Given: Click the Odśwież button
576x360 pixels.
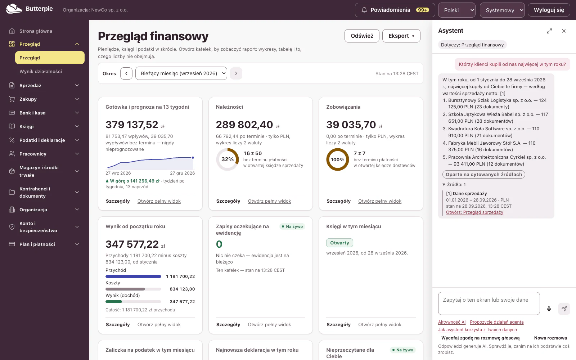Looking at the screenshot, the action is tap(362, 36).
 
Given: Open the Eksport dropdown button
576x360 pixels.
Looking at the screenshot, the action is tap(401, 36).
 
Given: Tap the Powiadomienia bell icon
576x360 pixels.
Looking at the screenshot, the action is tap(364, 10).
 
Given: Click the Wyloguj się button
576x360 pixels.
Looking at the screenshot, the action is tap(549, 10).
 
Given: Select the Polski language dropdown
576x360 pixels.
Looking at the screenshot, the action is tap(457, 10).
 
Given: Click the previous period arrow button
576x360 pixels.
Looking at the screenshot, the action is tap(126, 73).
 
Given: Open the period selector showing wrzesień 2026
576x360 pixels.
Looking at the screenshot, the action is tap(181, 73).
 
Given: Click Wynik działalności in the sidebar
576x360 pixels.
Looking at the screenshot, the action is tap(41, 72).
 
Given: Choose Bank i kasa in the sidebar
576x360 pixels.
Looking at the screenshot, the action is tap(32, 113).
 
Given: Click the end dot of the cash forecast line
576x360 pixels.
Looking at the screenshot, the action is tap(193, 157).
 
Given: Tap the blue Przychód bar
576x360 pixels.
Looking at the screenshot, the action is tap(133, 276).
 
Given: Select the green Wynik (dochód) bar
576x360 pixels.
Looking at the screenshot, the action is tap(113, 302).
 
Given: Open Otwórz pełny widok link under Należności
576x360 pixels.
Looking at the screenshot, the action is tap(269, 201).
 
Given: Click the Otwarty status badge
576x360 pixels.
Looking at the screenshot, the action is tap(339, 243).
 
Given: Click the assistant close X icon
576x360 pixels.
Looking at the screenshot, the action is tap(564, 31).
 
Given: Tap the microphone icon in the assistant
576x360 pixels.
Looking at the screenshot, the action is tap(549, 309).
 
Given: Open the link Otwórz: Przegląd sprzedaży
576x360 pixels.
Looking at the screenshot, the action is tap(474, 212).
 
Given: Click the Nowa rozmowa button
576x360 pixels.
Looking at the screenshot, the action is tap(550, 338).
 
